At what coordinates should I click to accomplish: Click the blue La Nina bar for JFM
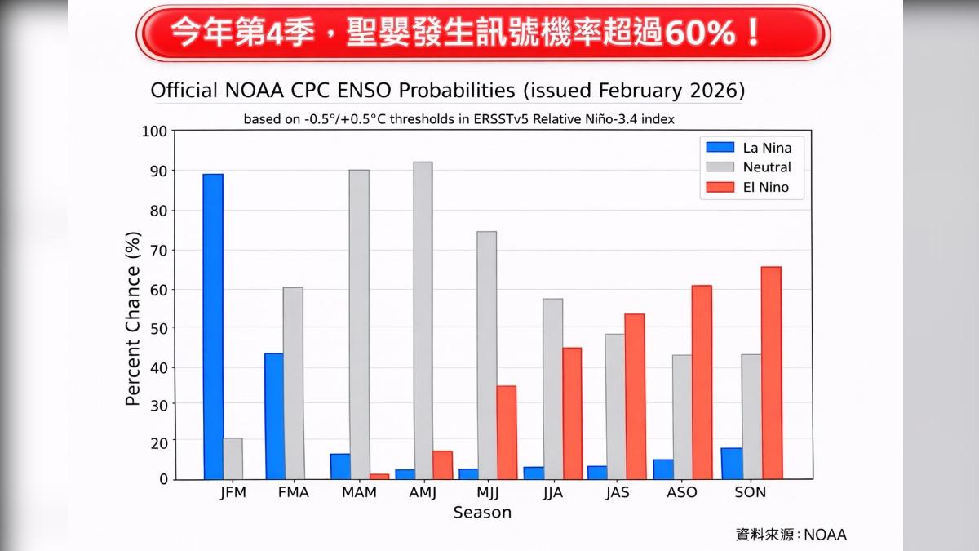pos(213,327)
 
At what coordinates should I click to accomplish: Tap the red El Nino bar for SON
pos(771,372)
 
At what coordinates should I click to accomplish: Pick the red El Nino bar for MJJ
pos(506,432)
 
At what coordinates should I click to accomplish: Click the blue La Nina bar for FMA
pos(273,415)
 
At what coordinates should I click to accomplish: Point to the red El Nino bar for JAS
pos(635,396)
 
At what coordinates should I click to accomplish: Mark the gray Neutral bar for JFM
pos(233,458)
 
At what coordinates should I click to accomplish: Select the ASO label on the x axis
pos(682,493)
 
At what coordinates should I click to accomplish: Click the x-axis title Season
pos(482,513)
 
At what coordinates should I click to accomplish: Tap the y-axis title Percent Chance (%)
pos(133,318)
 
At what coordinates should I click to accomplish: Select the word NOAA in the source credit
pos(825,535)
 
